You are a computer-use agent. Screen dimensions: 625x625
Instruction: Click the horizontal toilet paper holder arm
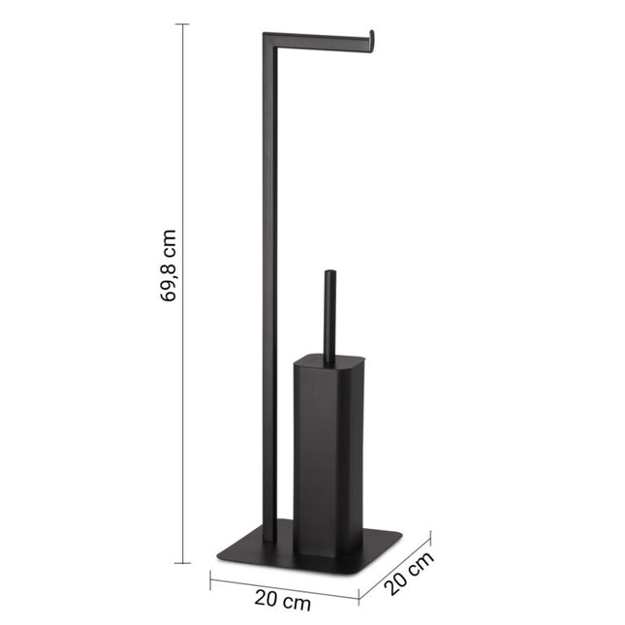tap(320, 39)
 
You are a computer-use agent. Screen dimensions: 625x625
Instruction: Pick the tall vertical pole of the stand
tap(268, 291)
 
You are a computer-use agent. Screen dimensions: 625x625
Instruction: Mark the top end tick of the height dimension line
tap(182, 24)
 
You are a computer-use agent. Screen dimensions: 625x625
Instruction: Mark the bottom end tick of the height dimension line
tap(182, 562)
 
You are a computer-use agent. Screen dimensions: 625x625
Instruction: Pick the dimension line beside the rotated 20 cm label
tap(395, 565)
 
